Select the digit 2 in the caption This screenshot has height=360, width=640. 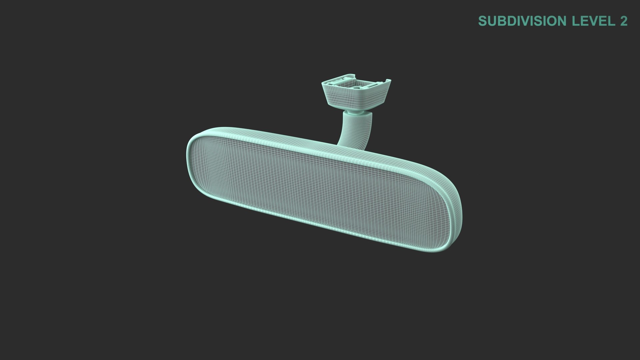624,21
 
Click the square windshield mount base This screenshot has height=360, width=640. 355,95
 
